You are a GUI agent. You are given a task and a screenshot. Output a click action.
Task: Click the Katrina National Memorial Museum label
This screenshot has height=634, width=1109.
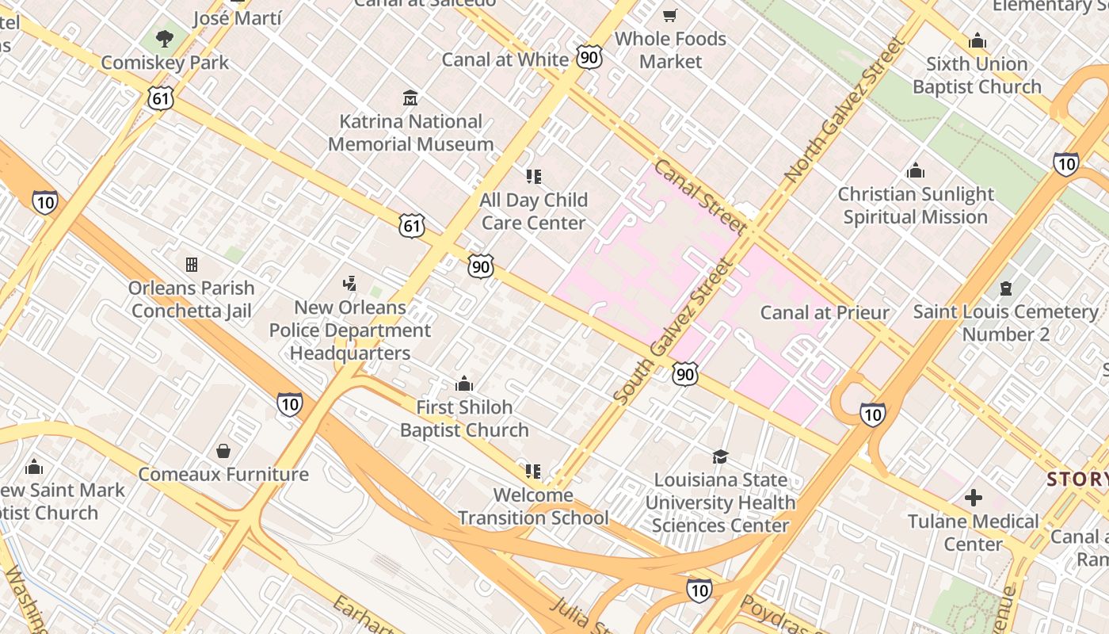[410, 133]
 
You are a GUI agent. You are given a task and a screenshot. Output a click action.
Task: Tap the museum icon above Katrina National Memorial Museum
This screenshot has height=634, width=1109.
[410, 98]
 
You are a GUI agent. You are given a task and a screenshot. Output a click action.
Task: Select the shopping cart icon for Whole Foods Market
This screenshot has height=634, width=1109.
[670, 15]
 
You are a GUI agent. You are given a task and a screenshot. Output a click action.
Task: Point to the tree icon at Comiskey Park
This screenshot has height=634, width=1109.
[165, 38]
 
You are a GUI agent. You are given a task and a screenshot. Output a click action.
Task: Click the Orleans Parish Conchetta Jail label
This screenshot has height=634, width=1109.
[192, 300]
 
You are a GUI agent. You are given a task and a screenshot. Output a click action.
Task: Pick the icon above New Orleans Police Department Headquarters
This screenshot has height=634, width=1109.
[349, 283]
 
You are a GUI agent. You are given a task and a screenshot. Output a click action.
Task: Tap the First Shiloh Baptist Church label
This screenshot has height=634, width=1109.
[464, 418]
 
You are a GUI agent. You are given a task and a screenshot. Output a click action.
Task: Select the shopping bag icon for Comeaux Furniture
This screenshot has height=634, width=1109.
[223, 451]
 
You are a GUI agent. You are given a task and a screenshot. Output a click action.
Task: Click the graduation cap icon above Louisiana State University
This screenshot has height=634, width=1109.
[720, 456]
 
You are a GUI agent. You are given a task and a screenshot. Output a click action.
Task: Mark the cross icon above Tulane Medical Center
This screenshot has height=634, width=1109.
[974, 498]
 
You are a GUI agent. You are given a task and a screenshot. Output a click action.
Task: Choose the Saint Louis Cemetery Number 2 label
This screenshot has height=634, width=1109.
[1006, 323]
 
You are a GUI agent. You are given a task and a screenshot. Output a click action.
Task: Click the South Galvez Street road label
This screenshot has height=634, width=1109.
[671, 333]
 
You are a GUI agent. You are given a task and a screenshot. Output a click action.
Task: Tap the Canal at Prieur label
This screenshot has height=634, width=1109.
[825, 312]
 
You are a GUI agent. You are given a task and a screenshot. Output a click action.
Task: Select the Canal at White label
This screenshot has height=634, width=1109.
[505, 59]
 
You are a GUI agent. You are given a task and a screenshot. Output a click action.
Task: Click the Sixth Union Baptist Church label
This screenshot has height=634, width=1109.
[977, 75]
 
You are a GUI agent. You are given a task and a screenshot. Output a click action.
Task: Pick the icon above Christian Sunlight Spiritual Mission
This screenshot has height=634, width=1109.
[916, 170]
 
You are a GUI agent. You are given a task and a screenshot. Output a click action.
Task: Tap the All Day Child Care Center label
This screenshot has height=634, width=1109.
[534, 212]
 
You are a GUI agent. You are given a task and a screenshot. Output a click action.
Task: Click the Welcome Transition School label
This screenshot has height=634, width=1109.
[533, 506]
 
